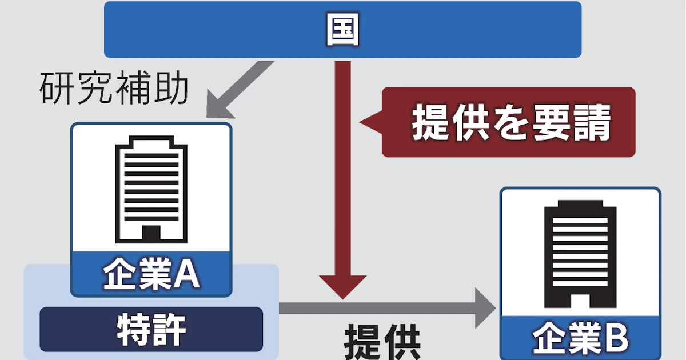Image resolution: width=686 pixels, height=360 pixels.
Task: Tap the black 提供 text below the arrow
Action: pyautogui.click(x=382, y=343)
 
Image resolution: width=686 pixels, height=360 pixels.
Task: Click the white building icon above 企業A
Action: pyautogui.click(x=151, y=189)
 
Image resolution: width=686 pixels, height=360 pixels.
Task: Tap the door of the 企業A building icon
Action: pyautogui.click(x=151, y=233)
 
